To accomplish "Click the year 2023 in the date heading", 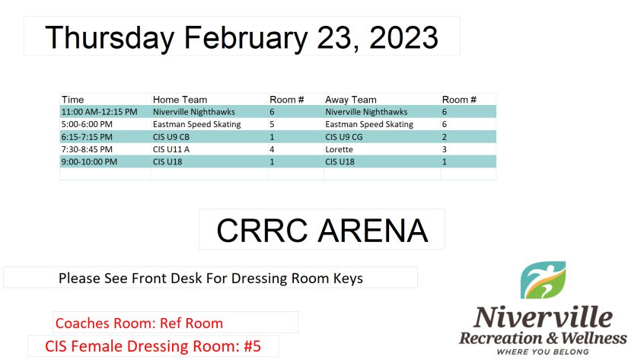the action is tap(403, 38).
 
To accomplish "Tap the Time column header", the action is tap(72, 100).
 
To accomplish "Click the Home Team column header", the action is tap(180, 100).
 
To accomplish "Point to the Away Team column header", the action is tap(351, 100).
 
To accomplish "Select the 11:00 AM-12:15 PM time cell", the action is tap(100, 112).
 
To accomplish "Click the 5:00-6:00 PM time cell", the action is tap(87, 124).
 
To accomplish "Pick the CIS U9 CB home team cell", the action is tap(171, 137).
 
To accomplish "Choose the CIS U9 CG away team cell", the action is tap(344, 137).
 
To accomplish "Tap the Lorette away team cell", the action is tap(340, 149).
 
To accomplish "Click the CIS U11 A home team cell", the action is tap(171, 149).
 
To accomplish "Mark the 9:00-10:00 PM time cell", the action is tap(89, 161).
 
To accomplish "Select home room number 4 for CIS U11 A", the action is tap(272, 149).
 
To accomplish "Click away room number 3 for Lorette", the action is tap(445, 149).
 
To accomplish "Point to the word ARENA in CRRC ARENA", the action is tap(373, 231).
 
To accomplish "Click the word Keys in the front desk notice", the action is tap(348, 279).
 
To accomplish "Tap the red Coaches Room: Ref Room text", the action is tap(139, 323).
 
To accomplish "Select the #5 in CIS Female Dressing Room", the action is tap(252, 346).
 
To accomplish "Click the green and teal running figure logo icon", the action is tap(543, 280).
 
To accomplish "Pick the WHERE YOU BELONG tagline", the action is tap(543, 352).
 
